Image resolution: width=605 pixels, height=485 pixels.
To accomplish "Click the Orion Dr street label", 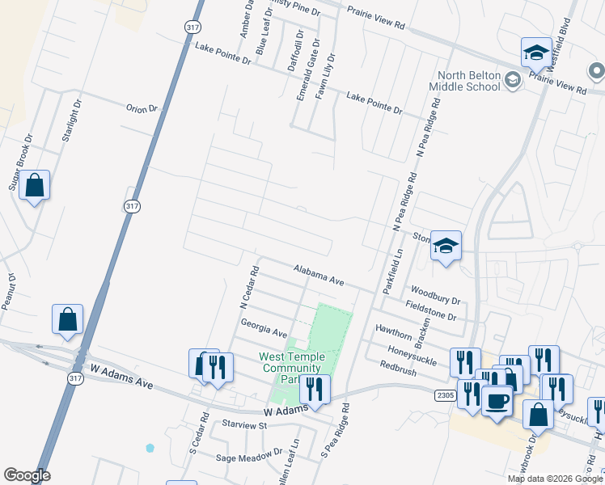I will pyautogui.click(x=141, y=108).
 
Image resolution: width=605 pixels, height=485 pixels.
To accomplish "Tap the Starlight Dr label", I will pyautogui.click(x=71, y=120).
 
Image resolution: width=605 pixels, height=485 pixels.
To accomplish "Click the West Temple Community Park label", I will pyautogui.click(x=291, y=368).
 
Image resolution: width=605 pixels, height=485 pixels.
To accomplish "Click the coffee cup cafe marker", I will pyautogui.click(x=497, y=399).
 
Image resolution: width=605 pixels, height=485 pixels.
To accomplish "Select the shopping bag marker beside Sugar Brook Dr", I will pyautogui.click(x=36, y=186).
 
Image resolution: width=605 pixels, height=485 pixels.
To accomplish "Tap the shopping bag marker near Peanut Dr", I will pyautogui.click(x=68, y=319).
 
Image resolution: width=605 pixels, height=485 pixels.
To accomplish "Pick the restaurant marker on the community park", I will pyautogui.click(x=315, y=389).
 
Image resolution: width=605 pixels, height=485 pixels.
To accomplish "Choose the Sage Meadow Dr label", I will pyautogui.click(x=249, y=456).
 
